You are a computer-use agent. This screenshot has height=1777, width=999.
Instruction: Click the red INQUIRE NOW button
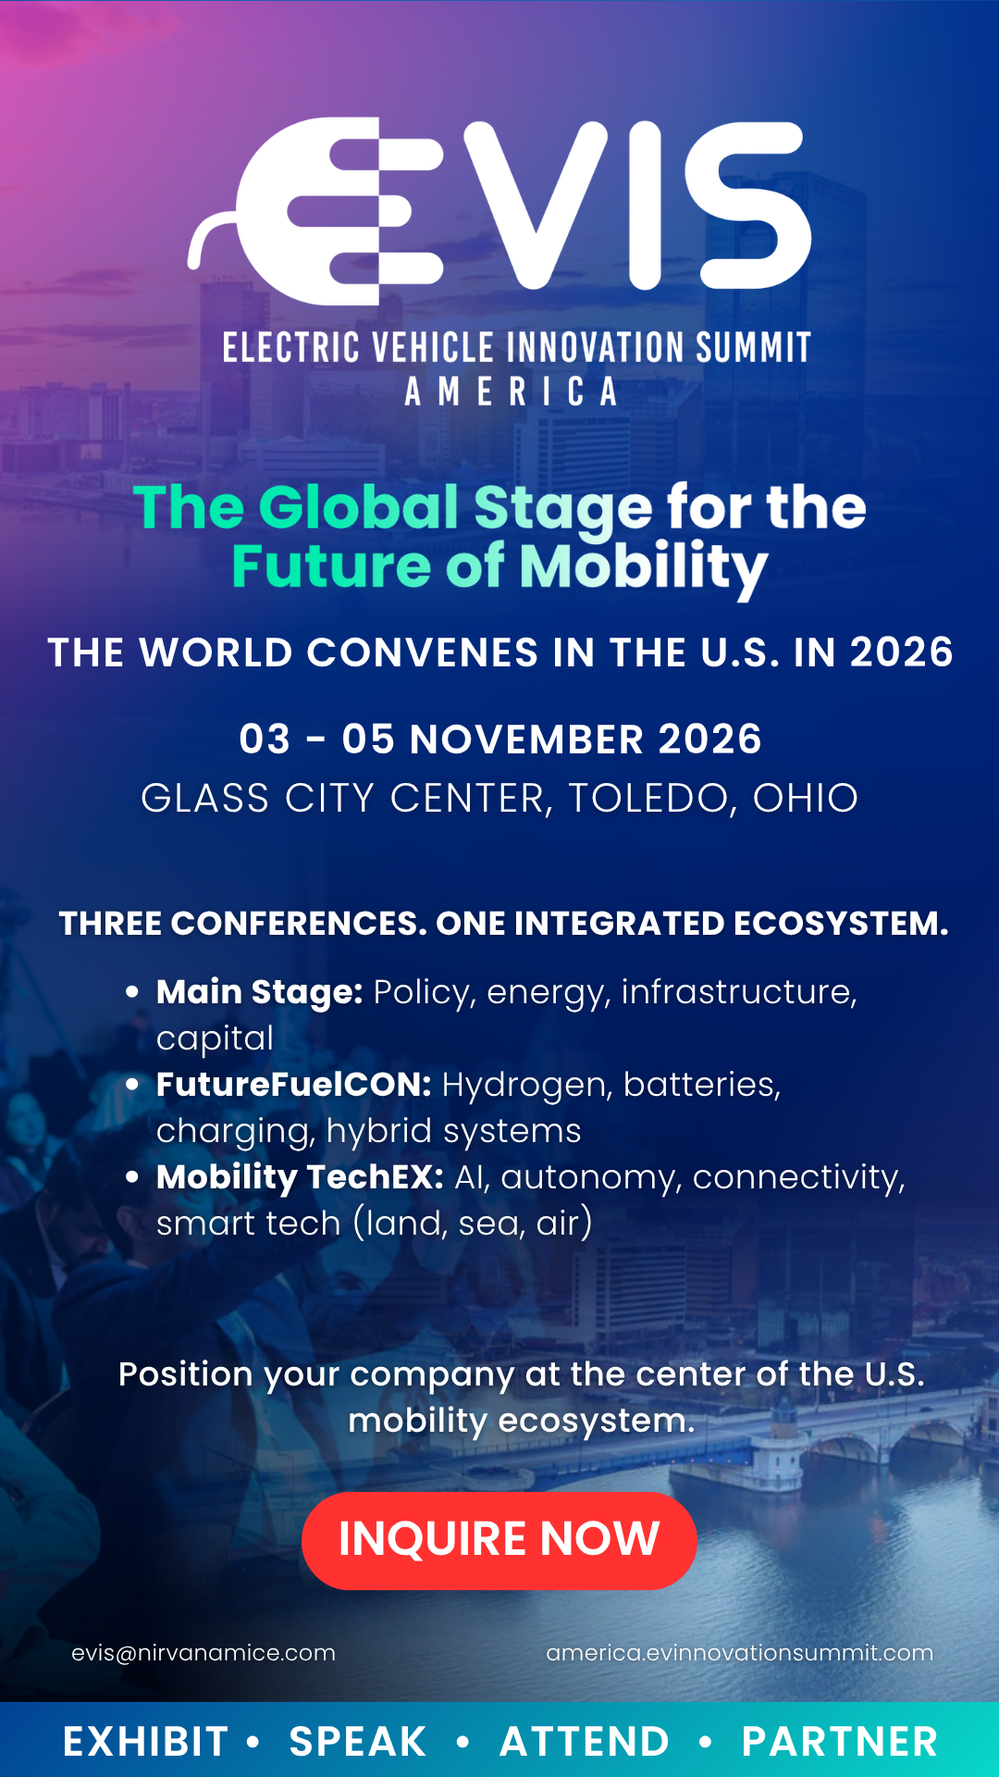click(499, 1540)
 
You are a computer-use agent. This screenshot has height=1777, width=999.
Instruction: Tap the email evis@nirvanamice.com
click(203, 1653)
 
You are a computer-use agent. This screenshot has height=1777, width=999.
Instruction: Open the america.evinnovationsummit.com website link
click(739, 1653)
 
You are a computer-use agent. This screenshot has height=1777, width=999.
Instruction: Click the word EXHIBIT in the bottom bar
click(145, 1742)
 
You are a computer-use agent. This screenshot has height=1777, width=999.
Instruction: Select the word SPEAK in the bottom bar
click(358, 1742)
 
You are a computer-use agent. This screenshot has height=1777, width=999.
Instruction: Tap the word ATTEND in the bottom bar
click(585, 1742)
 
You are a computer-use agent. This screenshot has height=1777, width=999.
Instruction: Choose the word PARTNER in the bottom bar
click(840, 1742)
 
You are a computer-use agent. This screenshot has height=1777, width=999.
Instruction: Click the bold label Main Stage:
click(259, 992)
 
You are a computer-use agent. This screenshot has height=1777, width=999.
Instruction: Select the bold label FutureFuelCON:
click(293, 1085)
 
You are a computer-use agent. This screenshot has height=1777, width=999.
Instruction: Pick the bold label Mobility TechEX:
click(300, 1177)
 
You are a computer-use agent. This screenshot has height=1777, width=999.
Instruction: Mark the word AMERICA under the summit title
click(512, 391)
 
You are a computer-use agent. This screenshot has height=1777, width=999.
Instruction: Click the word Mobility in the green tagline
click(643, 567)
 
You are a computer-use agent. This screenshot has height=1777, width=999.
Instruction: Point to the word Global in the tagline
click(358, 507)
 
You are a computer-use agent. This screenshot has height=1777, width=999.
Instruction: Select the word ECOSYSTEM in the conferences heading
click(840, 924)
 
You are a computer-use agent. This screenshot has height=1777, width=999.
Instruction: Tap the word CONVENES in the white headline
click(423, 652)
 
